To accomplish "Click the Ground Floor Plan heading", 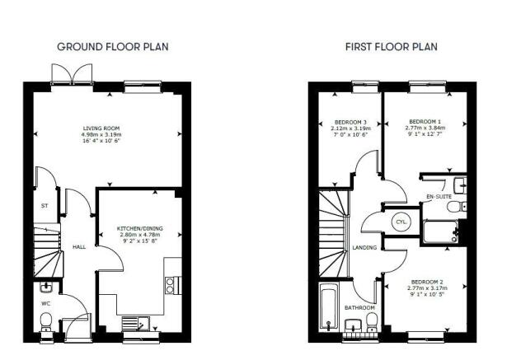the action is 113,47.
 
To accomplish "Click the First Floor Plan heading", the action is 392,47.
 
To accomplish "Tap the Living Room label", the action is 101,129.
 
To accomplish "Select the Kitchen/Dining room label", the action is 140,228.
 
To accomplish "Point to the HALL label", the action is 79,247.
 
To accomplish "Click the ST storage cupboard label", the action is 45,206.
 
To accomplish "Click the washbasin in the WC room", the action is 46,287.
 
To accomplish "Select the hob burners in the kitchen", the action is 170,285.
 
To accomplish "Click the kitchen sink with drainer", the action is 136,323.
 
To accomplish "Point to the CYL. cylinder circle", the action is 401,222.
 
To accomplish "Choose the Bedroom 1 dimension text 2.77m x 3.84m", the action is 425,128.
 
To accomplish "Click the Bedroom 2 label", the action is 427,282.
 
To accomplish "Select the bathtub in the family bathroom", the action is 328,306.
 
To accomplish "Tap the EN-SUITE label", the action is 439,197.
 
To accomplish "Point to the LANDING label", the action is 364,247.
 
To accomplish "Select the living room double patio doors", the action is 72,75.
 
